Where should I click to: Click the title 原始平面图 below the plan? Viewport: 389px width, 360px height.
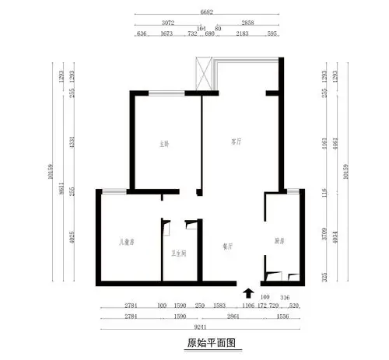pos(210,342)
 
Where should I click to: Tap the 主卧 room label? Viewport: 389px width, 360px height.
pos(165,143)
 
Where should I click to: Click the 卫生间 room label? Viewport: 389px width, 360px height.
pos(179,253)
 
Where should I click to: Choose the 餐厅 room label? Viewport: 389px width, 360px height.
pos(228,246)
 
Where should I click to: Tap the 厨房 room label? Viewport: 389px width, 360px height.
pos(280,240)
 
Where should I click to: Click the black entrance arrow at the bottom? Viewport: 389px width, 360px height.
pos(248,293)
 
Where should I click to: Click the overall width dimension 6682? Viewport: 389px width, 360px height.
pos(206,13)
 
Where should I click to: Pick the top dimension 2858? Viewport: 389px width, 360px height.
pos(249,23)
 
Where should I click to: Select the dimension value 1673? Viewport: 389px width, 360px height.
pos(166,34)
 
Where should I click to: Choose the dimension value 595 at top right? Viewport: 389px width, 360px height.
pos(272,34)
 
